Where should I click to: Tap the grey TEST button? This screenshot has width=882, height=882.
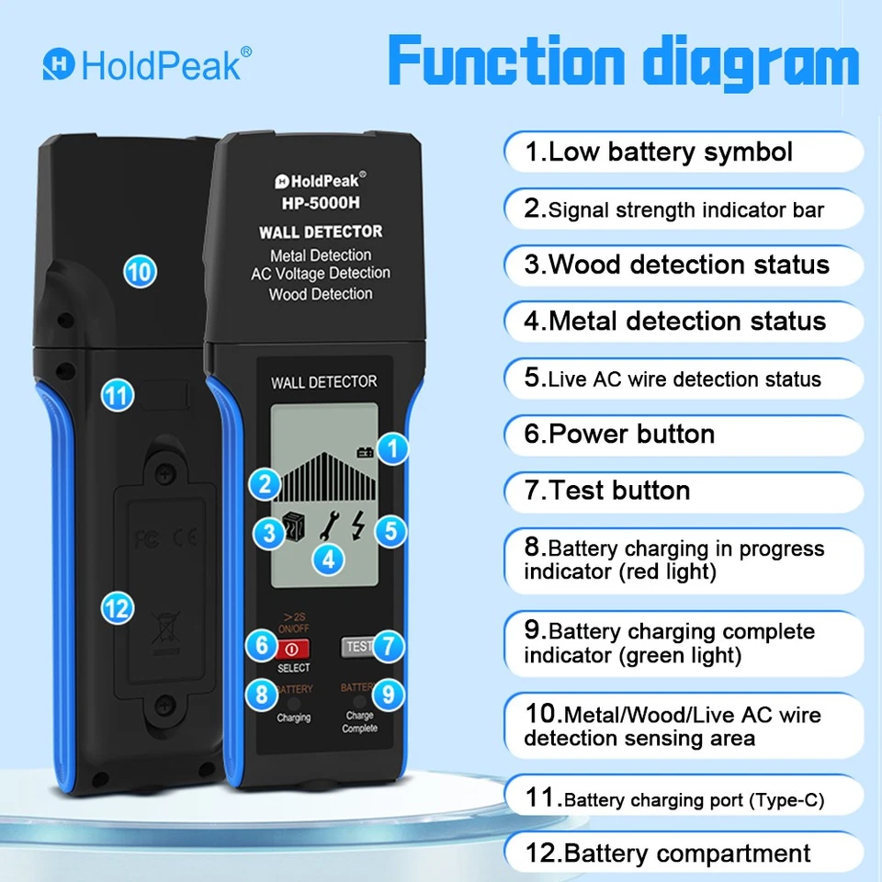(357, 646)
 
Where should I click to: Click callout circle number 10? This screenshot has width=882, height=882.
(141, 271)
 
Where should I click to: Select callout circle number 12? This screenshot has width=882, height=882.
(119, 607)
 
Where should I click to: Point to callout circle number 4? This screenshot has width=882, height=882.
(328, 557)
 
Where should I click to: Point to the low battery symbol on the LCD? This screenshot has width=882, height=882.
(367, 451)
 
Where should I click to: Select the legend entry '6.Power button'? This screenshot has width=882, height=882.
(619, 434)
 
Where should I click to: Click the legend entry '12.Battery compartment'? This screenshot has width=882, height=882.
(668, 854)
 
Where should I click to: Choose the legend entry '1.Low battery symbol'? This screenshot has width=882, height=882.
(658, 152)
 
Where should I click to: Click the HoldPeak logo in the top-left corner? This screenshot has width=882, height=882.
(146, 64)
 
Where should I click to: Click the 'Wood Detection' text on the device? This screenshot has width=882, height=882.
(321, 294)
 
